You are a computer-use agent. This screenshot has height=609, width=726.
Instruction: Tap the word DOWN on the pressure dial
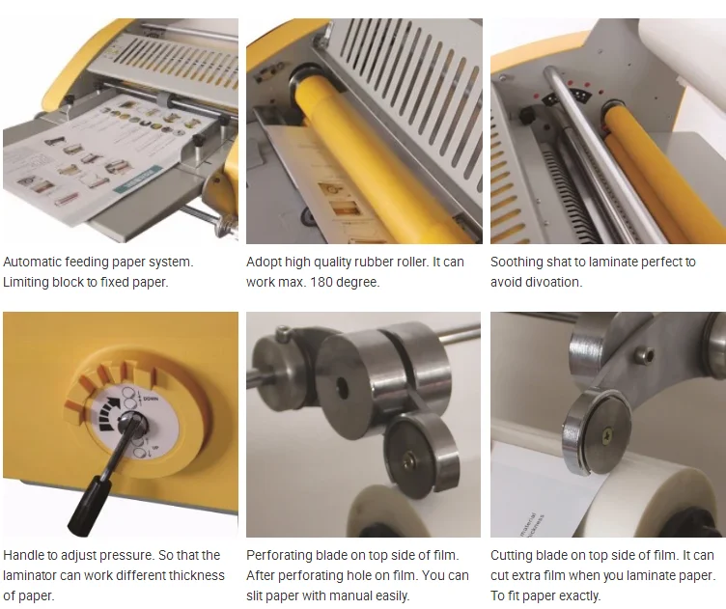[x=151, y=399]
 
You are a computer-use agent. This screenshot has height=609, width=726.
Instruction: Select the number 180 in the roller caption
[x=323, y=282]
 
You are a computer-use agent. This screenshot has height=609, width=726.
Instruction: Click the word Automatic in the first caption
[x=32, y=262]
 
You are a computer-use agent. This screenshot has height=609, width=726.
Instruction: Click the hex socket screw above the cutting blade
[x=647, y=356]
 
